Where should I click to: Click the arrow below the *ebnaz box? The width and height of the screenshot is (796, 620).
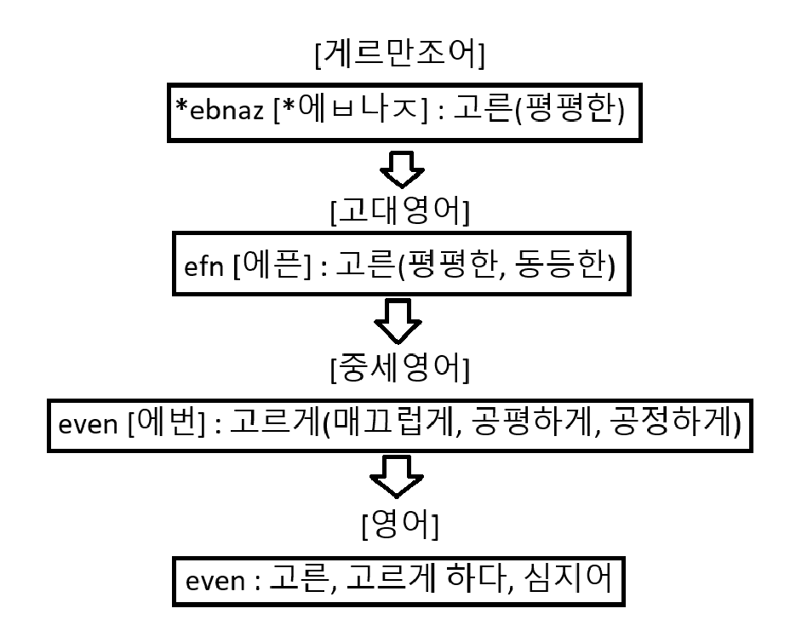coord(400,170)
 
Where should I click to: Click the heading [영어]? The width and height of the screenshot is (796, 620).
coord(399,528)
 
